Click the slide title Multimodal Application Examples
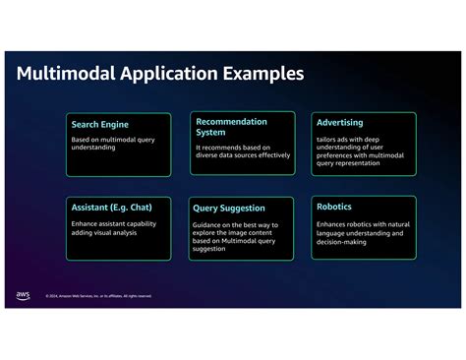(x=160, y=75)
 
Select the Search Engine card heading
(x=99, y=125)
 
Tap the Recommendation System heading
(x=231, y=126)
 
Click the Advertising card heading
(x=340, y=123)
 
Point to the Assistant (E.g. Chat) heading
(x=110, y=208)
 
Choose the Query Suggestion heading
(x=230, y=209)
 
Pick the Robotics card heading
(x=334, y=207)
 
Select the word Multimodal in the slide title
(x=64, y=75)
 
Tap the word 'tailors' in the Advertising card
(x=325, y=138)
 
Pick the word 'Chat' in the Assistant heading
(x=142, y=208)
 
